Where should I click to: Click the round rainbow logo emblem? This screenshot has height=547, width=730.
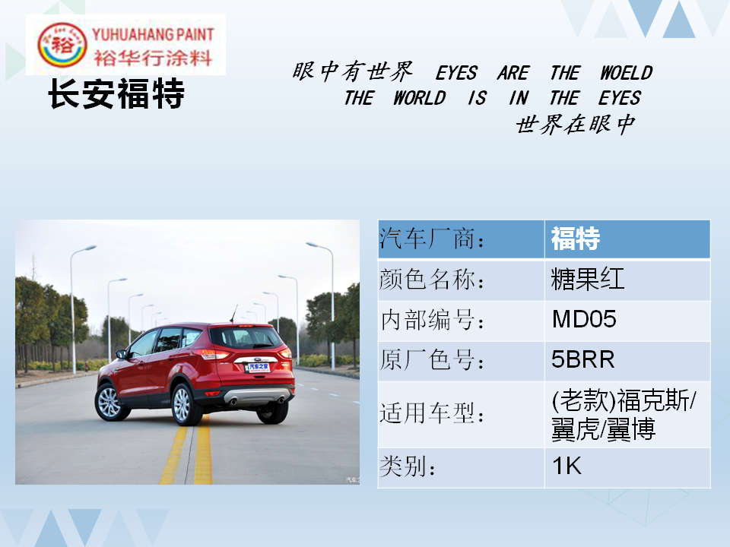[62, 45]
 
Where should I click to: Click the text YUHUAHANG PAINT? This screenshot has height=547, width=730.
[153, 34]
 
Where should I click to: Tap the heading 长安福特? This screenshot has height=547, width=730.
[116, 93]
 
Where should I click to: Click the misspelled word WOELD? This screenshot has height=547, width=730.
[626, 73]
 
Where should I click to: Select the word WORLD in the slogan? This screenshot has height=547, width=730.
[419, 98]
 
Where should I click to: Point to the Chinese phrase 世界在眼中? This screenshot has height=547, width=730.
[576, 124]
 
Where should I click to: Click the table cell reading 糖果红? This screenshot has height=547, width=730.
[588, 279]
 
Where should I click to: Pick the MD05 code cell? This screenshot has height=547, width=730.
[584, 319]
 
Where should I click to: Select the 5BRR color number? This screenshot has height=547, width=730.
[583, 359]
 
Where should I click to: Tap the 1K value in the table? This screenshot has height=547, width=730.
[567, 466]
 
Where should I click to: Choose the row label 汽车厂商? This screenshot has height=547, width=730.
[432, 238]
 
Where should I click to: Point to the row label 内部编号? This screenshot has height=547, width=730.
[433, 320]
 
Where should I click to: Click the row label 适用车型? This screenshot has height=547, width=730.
[432, 413]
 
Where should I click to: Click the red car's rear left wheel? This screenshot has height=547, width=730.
[187, 404]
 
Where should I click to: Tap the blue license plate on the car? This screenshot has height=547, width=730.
[258, 368]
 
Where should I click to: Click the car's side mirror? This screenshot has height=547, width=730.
[121, 355]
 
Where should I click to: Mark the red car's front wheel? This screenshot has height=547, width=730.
[110, 402]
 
